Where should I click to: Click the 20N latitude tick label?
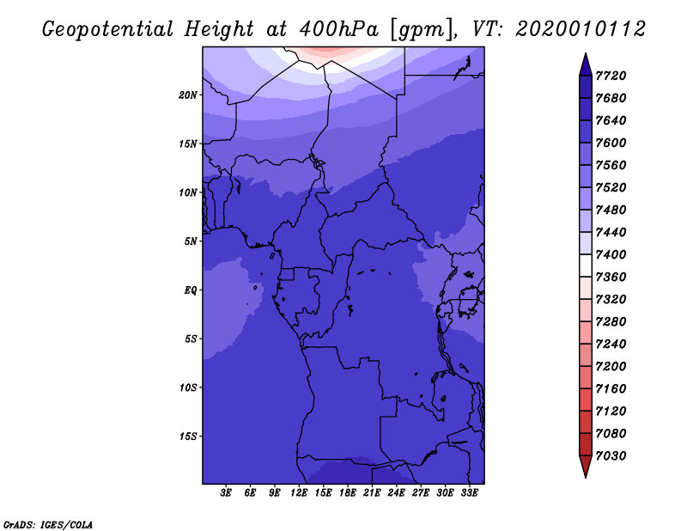pyautogui.click(x=188, y=95)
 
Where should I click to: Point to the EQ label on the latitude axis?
pyautogui.click(x=190, y=290)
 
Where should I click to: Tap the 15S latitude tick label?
pyautogui.click(x=188, y=436)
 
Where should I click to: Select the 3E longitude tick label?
pyautogui.click(x=226, y=493)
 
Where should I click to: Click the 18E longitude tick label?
pyautogui.click(x=348, y=493)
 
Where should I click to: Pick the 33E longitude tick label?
pyautogui.click(x=469, y=493)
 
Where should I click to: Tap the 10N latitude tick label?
pyautogui.click(x=188, y=192)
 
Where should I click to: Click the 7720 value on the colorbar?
pyautogui.click(x=611, y=76)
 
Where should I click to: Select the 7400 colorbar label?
pyautogui.click(x=611, y=254)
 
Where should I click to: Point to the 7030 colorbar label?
pyautogui.click(x=611, y=456)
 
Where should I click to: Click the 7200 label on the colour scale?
pyautogui.click(x=611, y=367)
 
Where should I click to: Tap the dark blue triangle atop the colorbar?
pyautogui.click(x=586, y=66)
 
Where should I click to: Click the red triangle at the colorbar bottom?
pyautogui.click(x=586, y=466)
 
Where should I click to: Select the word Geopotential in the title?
pyautogui.click(x=108, y=30)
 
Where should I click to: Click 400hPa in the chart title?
pyautogui.click(x=338, y=29)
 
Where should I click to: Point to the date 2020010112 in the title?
pyautogui.click(x=581, y=29)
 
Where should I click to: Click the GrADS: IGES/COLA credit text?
pyautogui.click(x=48, y=525)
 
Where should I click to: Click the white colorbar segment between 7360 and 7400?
pyautogui.click(x=586, y=265)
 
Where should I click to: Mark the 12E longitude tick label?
pyautogui.click(x=299, y=493)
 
